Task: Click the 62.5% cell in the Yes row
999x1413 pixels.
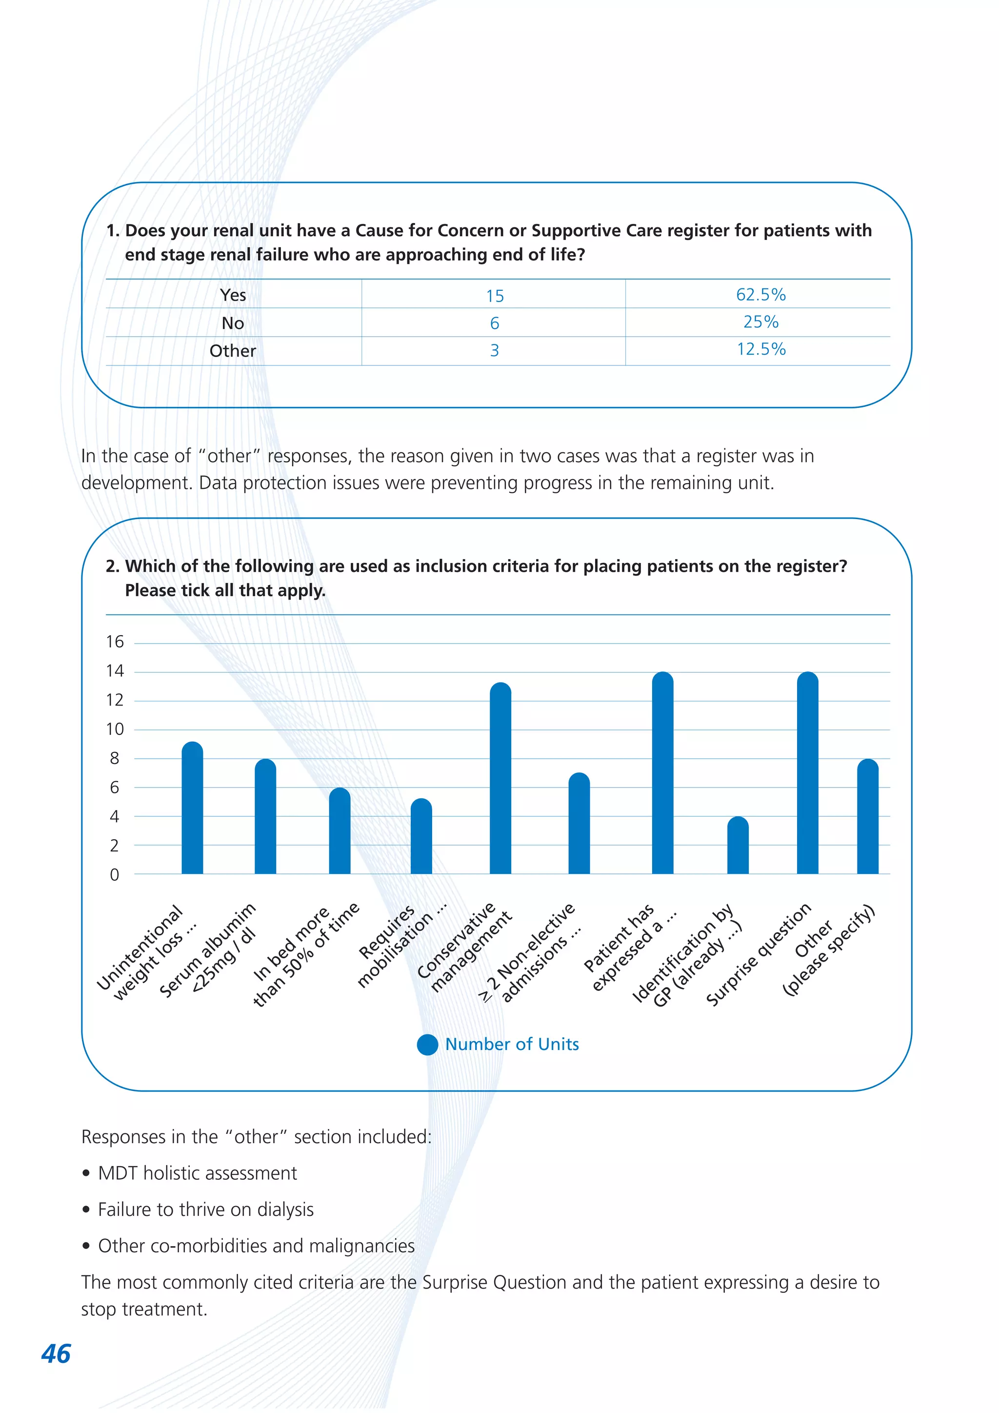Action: [x=760, y=295]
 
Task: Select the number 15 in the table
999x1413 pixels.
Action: [x=495, y=296]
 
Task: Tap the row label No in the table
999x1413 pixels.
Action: [x=233, y=323]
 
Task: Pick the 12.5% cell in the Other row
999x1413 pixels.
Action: [x=761, y=349]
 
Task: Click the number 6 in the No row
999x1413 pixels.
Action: [x=495, y=323]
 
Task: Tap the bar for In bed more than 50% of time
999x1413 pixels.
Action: [x=340, y=831]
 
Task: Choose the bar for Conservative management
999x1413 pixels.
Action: [x=501, y=779]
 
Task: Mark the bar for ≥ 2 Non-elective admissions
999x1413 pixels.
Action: [x=579, y=824]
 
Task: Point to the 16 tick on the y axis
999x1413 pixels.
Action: [x=115, y=642]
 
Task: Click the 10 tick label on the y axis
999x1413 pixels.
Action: [x=115, y=729]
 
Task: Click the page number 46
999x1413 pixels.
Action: [x=56, y=1353]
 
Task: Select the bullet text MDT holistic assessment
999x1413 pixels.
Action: [x=198, y=1173]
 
